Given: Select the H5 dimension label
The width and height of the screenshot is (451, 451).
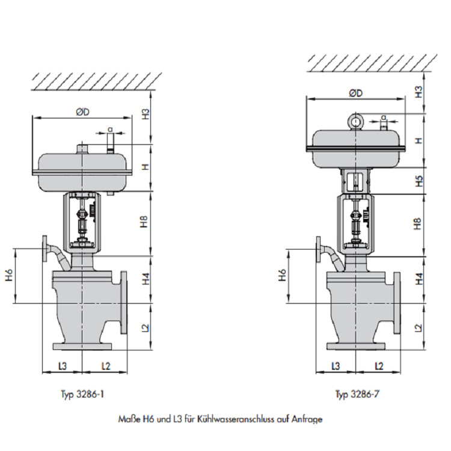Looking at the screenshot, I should (419, 180).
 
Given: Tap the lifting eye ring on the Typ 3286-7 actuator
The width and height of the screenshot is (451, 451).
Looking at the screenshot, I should (357, 122).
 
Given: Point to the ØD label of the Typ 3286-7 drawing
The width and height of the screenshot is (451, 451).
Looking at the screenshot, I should (355, 94).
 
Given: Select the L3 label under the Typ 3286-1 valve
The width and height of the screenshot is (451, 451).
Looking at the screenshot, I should (62, 365).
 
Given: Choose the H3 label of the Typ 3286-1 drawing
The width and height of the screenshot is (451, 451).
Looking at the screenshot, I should (145, 114).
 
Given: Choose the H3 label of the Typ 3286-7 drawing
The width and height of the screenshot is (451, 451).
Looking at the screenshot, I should (419, 92).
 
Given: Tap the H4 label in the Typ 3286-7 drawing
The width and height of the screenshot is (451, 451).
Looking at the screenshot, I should (419, 278).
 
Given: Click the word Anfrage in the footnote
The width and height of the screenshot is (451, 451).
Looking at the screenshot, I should (307, 419).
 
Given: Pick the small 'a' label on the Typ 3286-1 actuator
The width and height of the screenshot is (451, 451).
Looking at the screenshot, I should (109, 129).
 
